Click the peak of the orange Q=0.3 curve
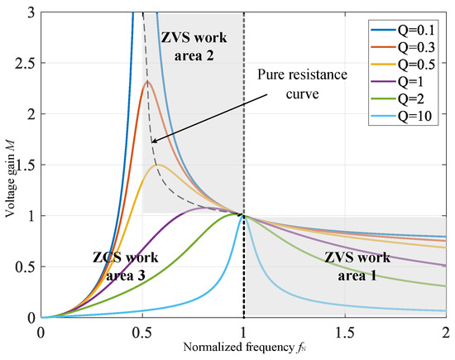click(148, 81)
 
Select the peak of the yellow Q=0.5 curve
click(158, 165)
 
